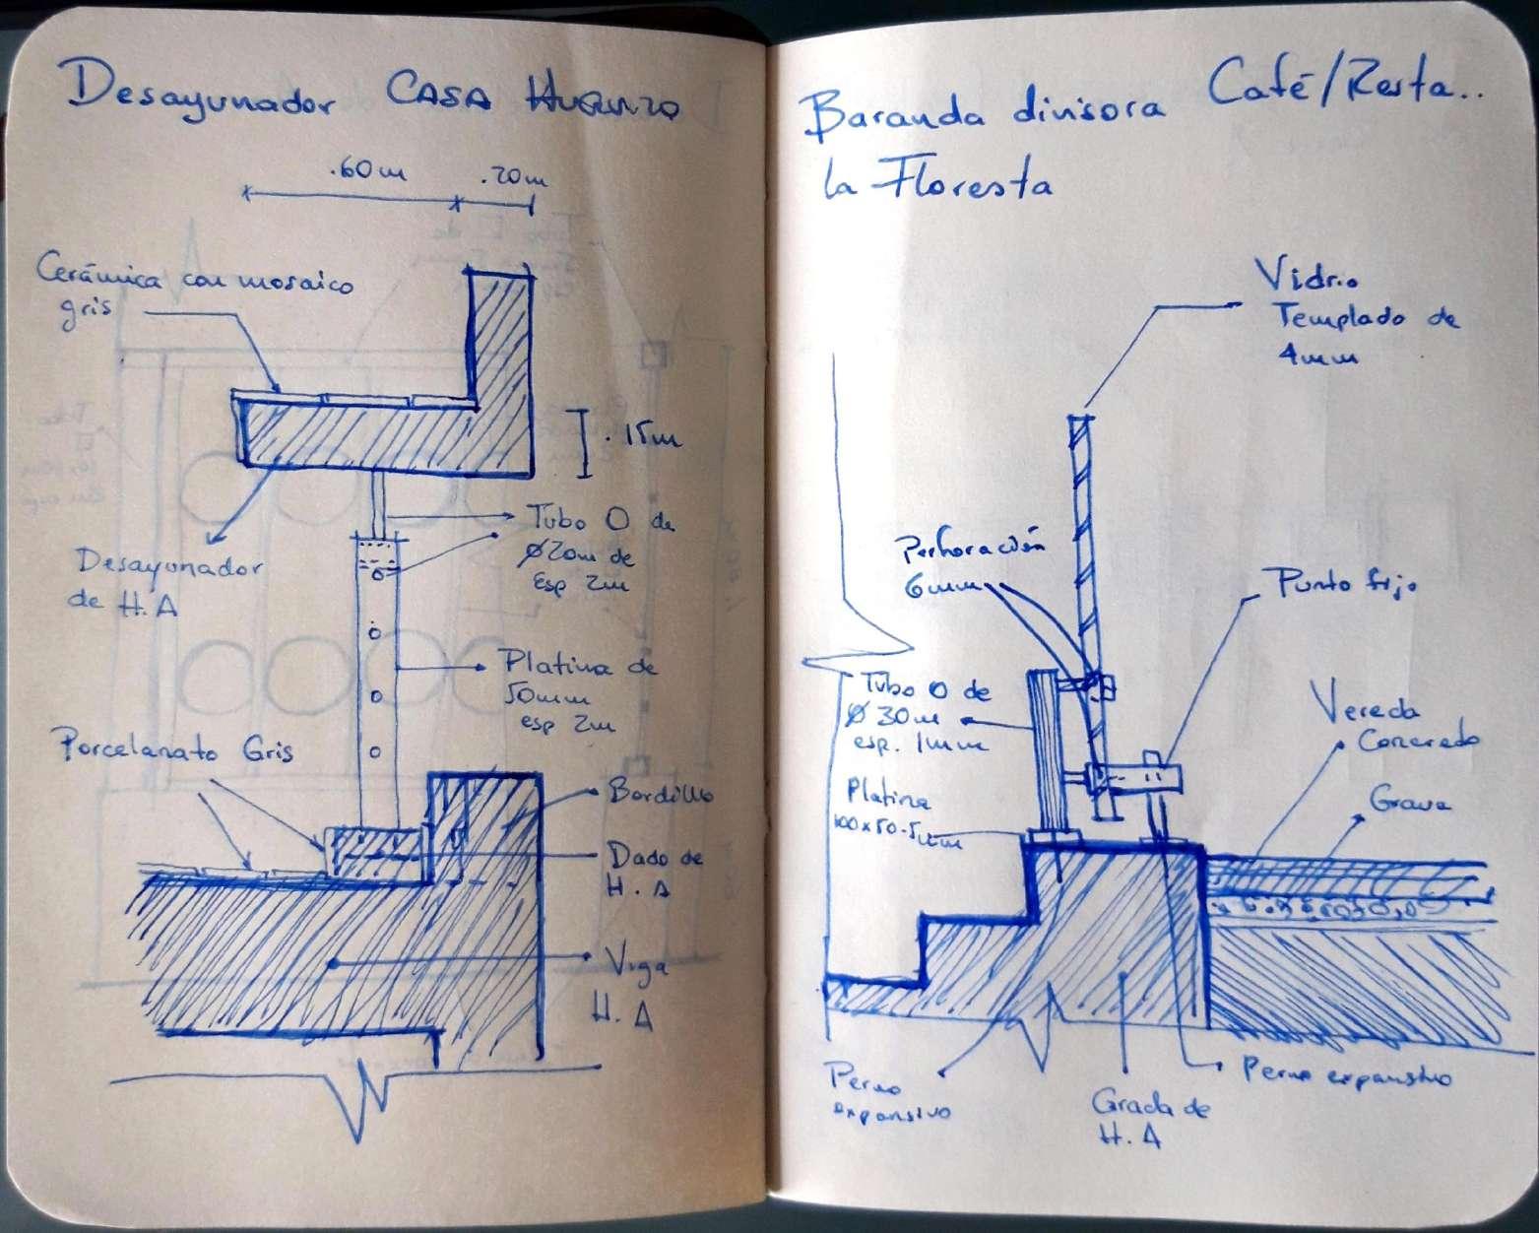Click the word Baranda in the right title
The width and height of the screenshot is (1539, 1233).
887,116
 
